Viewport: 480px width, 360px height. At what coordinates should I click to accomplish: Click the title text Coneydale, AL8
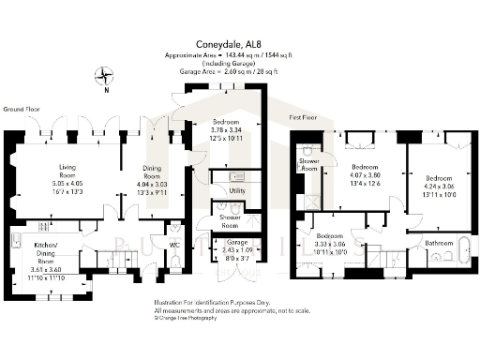pyautogui.click(x=240, y=43)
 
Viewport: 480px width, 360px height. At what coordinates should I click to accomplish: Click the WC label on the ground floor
pyautogui.click(x=174, y=246)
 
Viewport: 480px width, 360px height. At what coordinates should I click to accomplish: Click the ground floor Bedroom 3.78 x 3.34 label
pyautogui.click(x=231, y=129)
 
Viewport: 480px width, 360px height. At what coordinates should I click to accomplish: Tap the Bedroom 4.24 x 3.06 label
pyautogui.click(x=437, y=184)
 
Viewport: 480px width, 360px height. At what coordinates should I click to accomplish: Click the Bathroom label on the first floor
pyautogui.click(x=439, y=242)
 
